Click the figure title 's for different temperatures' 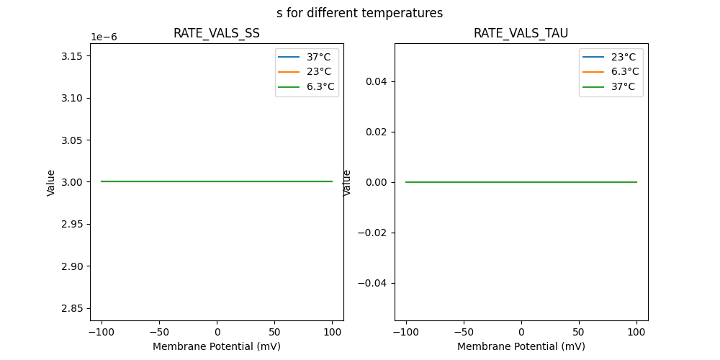click(x=359, y=13)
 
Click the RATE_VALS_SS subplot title click(x=216, y=34)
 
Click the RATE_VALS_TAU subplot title click(x=521, y=34)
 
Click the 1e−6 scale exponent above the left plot click(x=104, y=37)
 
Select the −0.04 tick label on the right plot click(x=373, y=283)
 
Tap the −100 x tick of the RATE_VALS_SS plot click(x=102, y=332)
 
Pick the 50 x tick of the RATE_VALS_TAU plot click(x=579, y=332)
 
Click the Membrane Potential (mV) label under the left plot click(x=216, y=346)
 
